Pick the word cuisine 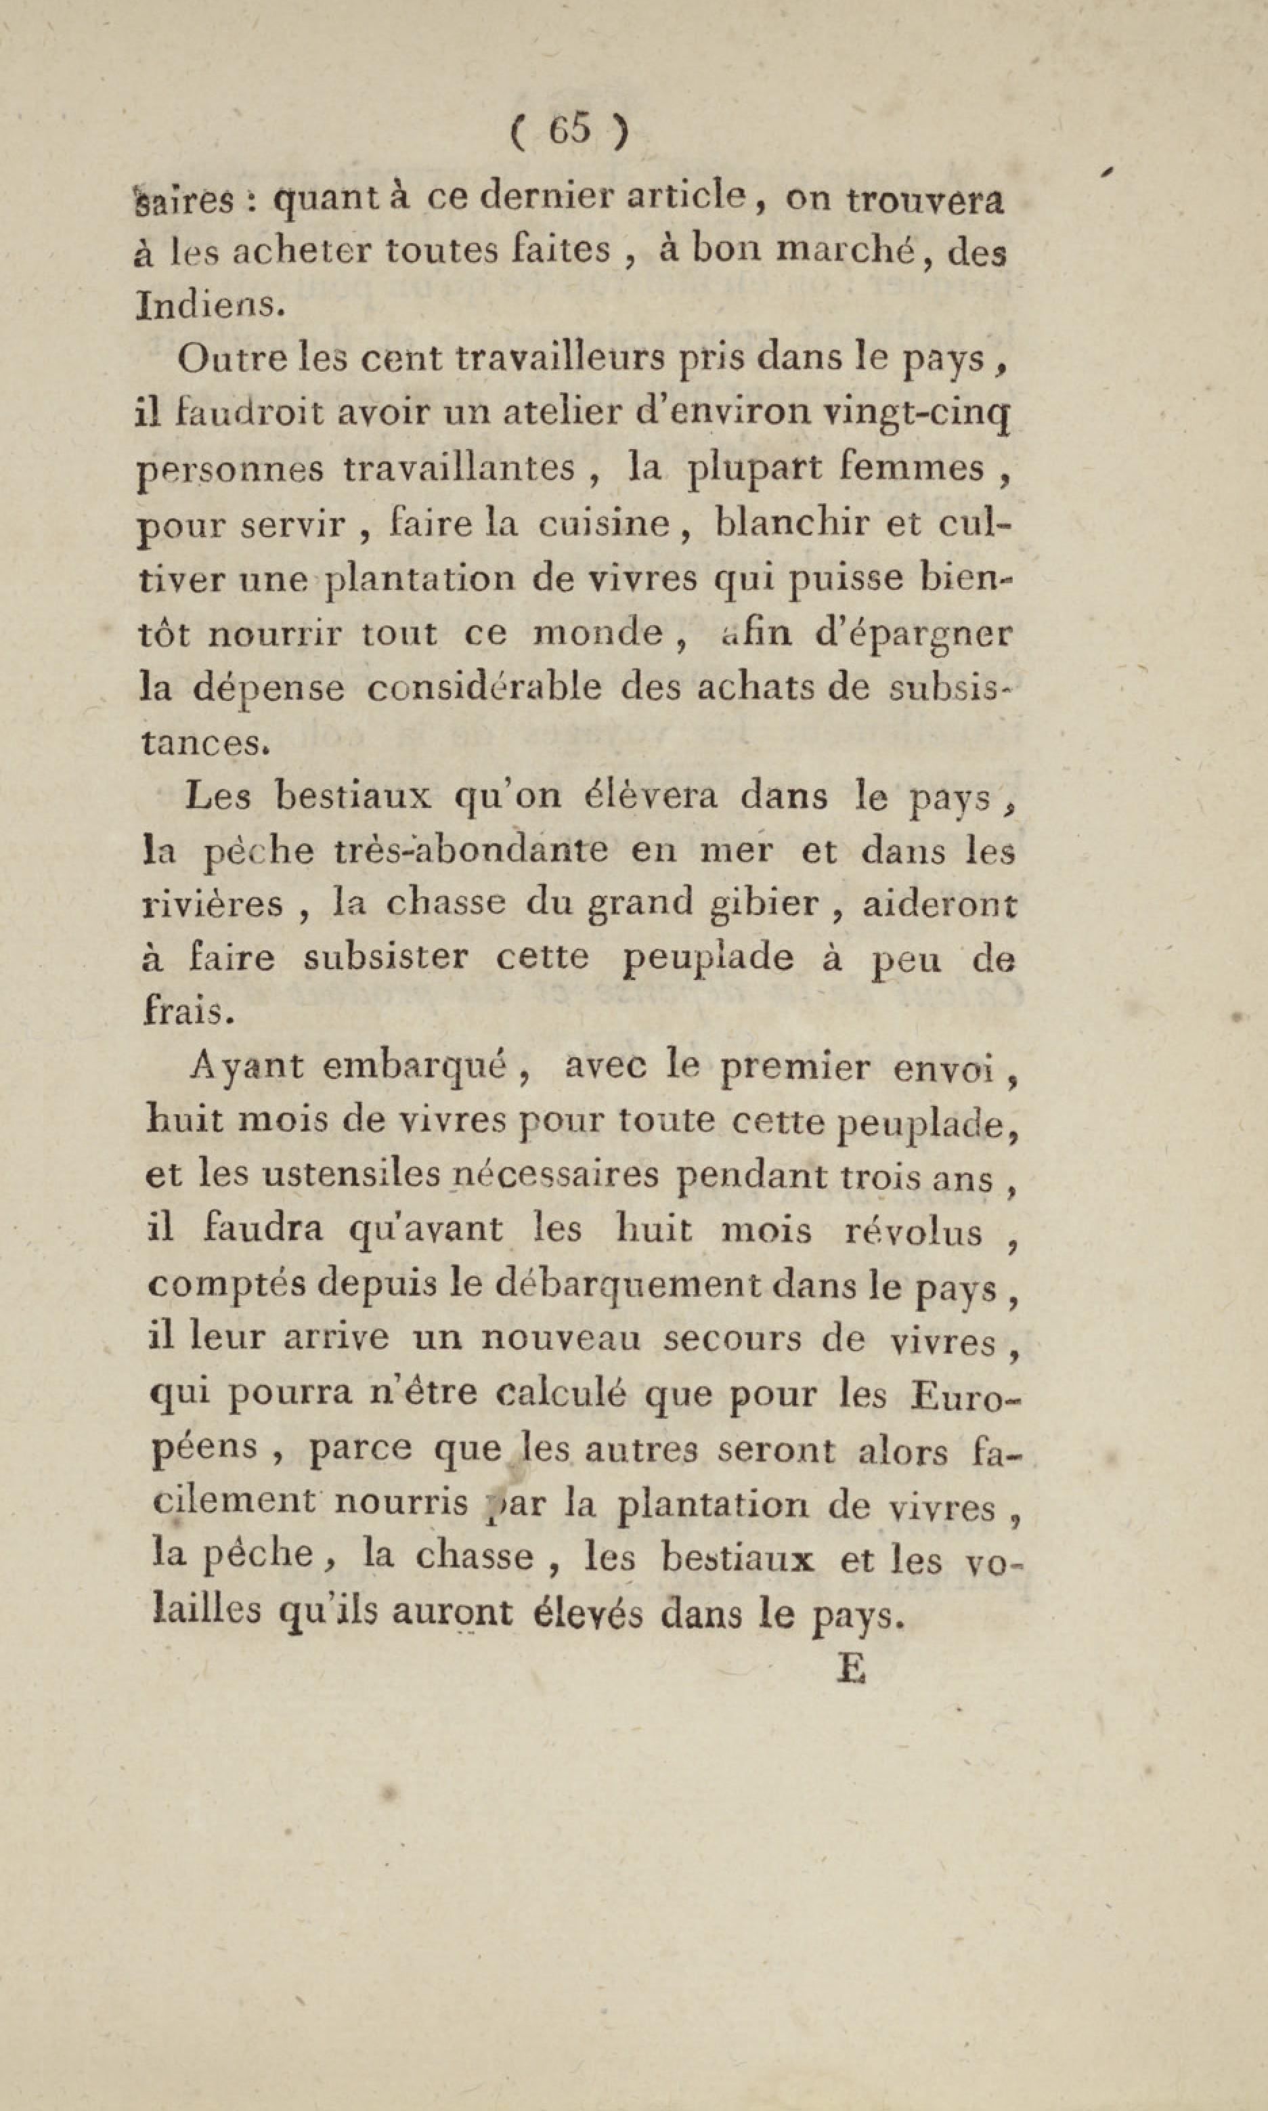click(603, 523)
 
